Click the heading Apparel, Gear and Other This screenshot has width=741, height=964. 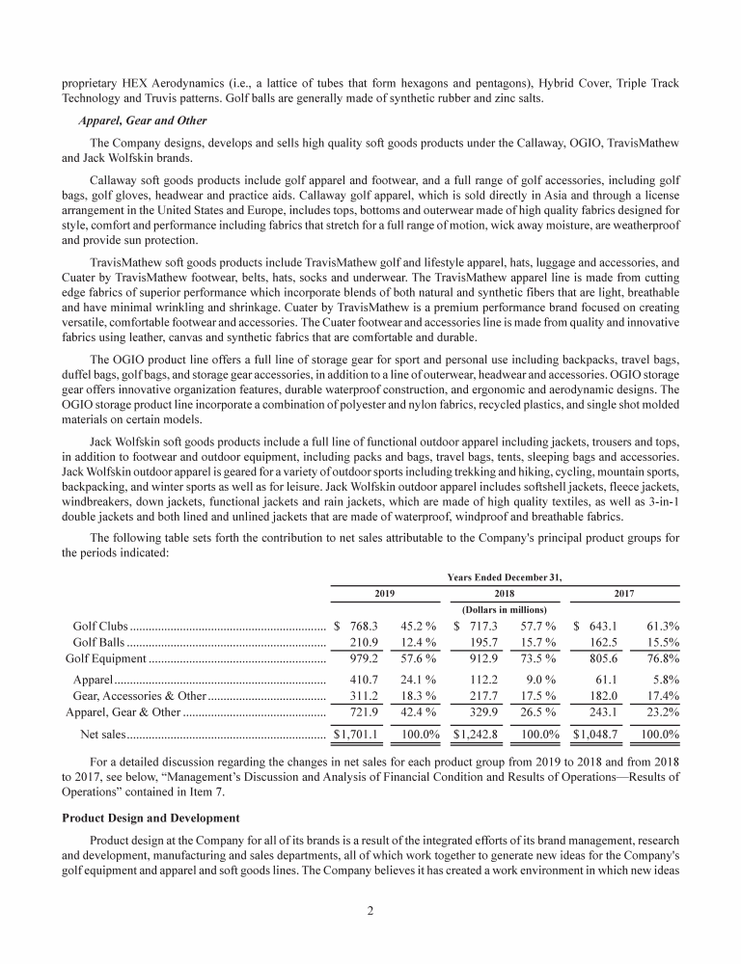[133, 121]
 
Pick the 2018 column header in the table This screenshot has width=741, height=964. [507, 594]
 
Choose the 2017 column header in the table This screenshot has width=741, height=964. [626, 594]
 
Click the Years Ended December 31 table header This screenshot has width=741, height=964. [506, 576]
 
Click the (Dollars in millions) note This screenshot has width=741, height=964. [506, 609]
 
